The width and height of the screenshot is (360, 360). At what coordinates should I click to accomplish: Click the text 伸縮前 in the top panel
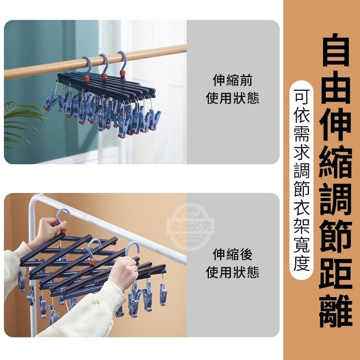(232, 80)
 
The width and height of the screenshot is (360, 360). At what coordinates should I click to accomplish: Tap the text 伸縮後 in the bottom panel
(232, 254)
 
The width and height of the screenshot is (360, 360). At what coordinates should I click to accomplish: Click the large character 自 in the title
(336, 49)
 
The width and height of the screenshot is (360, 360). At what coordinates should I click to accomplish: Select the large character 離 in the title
(336, 311)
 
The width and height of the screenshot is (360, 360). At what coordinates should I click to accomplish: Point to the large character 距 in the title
(336, 274)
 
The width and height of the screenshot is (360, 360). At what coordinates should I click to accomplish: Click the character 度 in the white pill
(301, 264)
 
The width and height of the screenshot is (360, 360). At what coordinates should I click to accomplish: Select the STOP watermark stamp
(191, 227)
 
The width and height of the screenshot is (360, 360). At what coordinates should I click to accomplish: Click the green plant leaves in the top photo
(23, 124)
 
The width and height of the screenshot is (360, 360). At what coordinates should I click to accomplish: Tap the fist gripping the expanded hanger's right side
(123, 273)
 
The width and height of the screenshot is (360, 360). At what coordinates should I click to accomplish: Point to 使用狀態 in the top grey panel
(232, 98)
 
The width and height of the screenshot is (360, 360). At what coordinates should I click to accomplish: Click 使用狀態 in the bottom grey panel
(232, 272)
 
